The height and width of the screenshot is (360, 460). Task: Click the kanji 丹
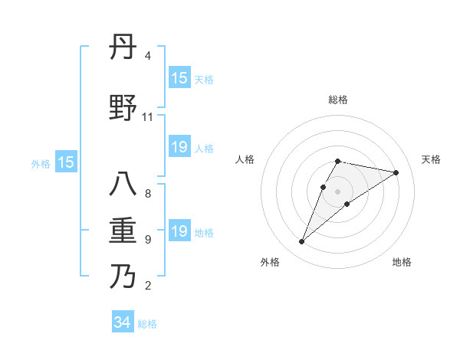point(123,48)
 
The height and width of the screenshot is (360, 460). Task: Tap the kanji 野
point(123,108)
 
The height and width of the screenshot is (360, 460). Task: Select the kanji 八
point(123,185)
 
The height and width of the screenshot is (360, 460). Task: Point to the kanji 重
point(123,231)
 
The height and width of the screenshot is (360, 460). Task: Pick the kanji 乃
point(123,275)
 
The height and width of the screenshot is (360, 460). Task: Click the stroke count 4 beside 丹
point(148,56)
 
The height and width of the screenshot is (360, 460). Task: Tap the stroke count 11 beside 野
point(147,117)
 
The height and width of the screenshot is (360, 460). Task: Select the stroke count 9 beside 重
point(148,240)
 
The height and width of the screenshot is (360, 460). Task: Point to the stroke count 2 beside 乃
point(148,286)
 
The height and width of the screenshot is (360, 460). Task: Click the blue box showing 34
point(122,322)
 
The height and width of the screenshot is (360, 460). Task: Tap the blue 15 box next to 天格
point(179,78)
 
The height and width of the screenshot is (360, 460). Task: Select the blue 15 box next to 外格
point(66,162)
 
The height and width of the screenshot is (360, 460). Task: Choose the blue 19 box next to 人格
point(179,147)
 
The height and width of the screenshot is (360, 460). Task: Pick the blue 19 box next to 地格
point(179,231)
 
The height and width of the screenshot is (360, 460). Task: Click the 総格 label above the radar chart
point(338,100)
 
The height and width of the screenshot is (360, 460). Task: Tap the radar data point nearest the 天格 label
point(396,173)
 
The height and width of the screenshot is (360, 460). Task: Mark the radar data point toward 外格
point(301,242)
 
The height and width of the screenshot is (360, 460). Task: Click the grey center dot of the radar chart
point(338,191)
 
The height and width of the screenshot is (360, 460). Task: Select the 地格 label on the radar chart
point(402,262)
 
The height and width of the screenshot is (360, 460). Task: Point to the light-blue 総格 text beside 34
point(147,324)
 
